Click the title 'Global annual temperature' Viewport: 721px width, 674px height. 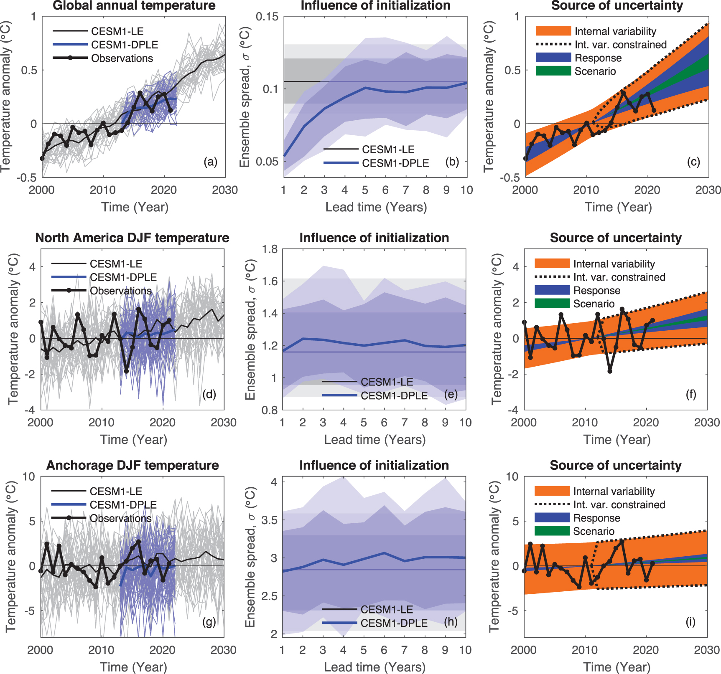click(x=134, y=6)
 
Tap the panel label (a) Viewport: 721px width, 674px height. click(x=210, y=162)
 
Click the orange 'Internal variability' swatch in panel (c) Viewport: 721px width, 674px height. click(x=553, y=31)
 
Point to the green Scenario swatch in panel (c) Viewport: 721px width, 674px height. click(x=553, y=71)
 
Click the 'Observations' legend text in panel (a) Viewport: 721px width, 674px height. click(x=122, y=58)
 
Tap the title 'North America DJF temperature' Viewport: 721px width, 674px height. click(x=132, y=238)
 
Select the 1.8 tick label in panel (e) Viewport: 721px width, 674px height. click(x=270, y=250)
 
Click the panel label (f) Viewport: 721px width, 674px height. click(x=691, y=394)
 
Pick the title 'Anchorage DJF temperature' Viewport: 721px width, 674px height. click(x=132, y=466)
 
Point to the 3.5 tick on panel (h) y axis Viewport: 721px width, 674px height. click(x=269, y=520)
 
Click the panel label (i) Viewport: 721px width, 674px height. click(x=690, y=622)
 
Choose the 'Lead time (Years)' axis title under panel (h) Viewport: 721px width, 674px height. click(x=375, y=667)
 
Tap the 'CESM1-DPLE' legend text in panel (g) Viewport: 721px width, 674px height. click(x=123, y=505)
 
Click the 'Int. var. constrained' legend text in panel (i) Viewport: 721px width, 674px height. click(x=619, y=505)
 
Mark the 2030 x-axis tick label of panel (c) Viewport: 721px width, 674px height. click(x=708, y=190)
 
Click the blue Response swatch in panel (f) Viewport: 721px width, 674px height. click(x=552, y=290)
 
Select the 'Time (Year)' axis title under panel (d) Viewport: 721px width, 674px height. click(x=133, y=440)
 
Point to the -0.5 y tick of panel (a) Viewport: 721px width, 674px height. click(x=26, y=178)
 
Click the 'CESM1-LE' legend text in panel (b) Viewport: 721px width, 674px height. click(x=388, y=149)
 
